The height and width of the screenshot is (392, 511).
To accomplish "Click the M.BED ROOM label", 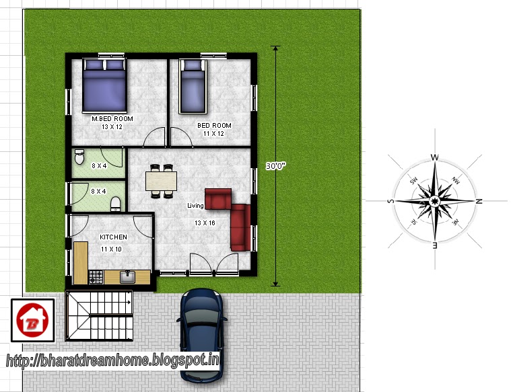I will [x=112, y=119].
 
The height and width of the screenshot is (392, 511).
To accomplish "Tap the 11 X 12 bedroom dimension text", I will [x=214, y=133].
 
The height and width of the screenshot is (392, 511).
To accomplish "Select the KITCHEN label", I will [x=113, y=237].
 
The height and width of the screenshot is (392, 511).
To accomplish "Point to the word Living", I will [x=196, y=205].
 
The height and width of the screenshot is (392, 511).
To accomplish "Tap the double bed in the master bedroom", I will [x=104, y=86].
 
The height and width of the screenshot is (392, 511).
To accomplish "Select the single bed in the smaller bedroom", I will [x=193, y=86].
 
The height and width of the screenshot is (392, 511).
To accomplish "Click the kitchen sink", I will [x=128, y=276].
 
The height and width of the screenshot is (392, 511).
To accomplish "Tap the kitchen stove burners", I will [x=96, y=276].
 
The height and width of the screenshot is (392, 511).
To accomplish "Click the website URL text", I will [x=113, y=360].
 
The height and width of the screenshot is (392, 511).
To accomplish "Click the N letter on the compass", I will [x=479, y=201].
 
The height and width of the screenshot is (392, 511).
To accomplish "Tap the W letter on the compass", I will [x=435, y=158].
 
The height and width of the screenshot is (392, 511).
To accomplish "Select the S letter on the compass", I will [x=390, y=201].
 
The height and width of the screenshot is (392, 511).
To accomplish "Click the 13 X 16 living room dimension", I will [x=205, y=223].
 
